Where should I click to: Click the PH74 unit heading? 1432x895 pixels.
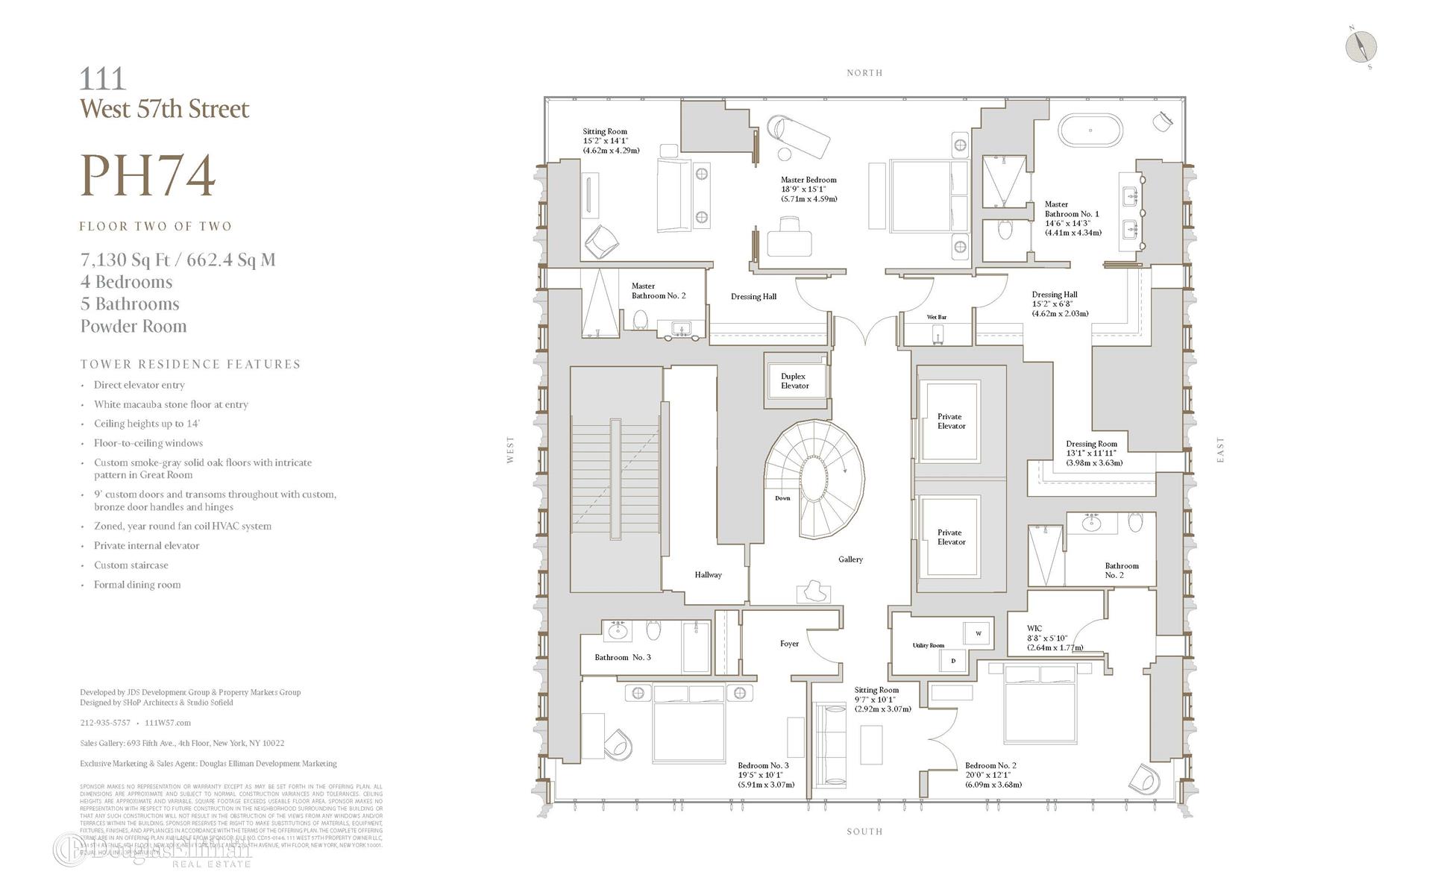(x=148, y=176)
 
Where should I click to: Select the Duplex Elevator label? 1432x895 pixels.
(x=794, y=381)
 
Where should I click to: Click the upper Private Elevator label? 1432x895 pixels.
(x=950, y=421)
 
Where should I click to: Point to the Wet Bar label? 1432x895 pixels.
(x=936, y=317)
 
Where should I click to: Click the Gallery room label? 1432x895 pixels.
(x=850, y=559)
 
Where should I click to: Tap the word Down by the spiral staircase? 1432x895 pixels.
(x=782, y=498)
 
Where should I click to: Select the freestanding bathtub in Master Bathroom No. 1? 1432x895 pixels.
(x=1090, y=131)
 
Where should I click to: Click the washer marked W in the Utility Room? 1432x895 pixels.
(x=978, y=634)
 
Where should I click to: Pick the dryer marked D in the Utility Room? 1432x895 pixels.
(x=952, y=660)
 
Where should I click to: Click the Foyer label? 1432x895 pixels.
(x=789, y=644)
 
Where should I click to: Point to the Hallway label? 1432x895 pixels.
(x=708, y=575)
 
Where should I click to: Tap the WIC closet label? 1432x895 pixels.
(x=1034, y=629)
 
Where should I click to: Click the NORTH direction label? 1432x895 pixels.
(x=864, y=73)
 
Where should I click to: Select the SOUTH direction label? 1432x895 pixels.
(x=864, y=831)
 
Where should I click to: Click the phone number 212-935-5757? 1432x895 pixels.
(x=105, y=723)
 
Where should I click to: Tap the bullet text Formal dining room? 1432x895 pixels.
(x=137, y=585)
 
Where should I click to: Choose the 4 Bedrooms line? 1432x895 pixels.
(x=126, y=282)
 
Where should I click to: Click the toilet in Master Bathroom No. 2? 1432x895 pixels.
(x=641, y=320)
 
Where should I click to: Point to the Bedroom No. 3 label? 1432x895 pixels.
(x=763, y=766)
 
